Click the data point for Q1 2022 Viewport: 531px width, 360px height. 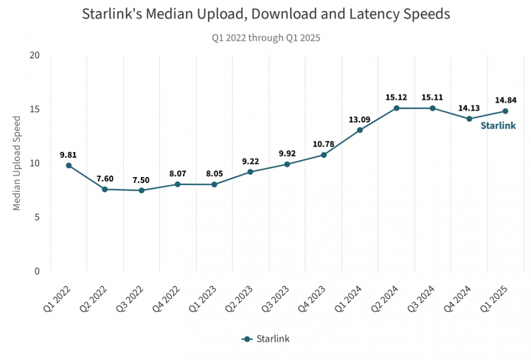point(69,165)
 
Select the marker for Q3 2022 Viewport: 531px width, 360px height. point(142,190)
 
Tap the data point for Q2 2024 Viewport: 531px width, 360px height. point(396,108)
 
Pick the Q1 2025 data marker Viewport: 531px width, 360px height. point(505,111)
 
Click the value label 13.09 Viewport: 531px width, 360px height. point(360,120)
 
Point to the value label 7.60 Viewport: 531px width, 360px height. point(105,179)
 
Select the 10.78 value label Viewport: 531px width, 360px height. point(324,144)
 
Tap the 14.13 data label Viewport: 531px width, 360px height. point(469,108)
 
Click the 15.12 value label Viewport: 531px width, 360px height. point(396,97)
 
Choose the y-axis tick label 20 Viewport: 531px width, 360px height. point(35,55)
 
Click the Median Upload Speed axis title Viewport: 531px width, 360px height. point(17,163)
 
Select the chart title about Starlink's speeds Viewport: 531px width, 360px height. point(265,14)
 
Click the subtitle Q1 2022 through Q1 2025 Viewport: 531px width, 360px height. point(265,37)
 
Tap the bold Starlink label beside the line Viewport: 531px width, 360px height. point(499,125)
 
